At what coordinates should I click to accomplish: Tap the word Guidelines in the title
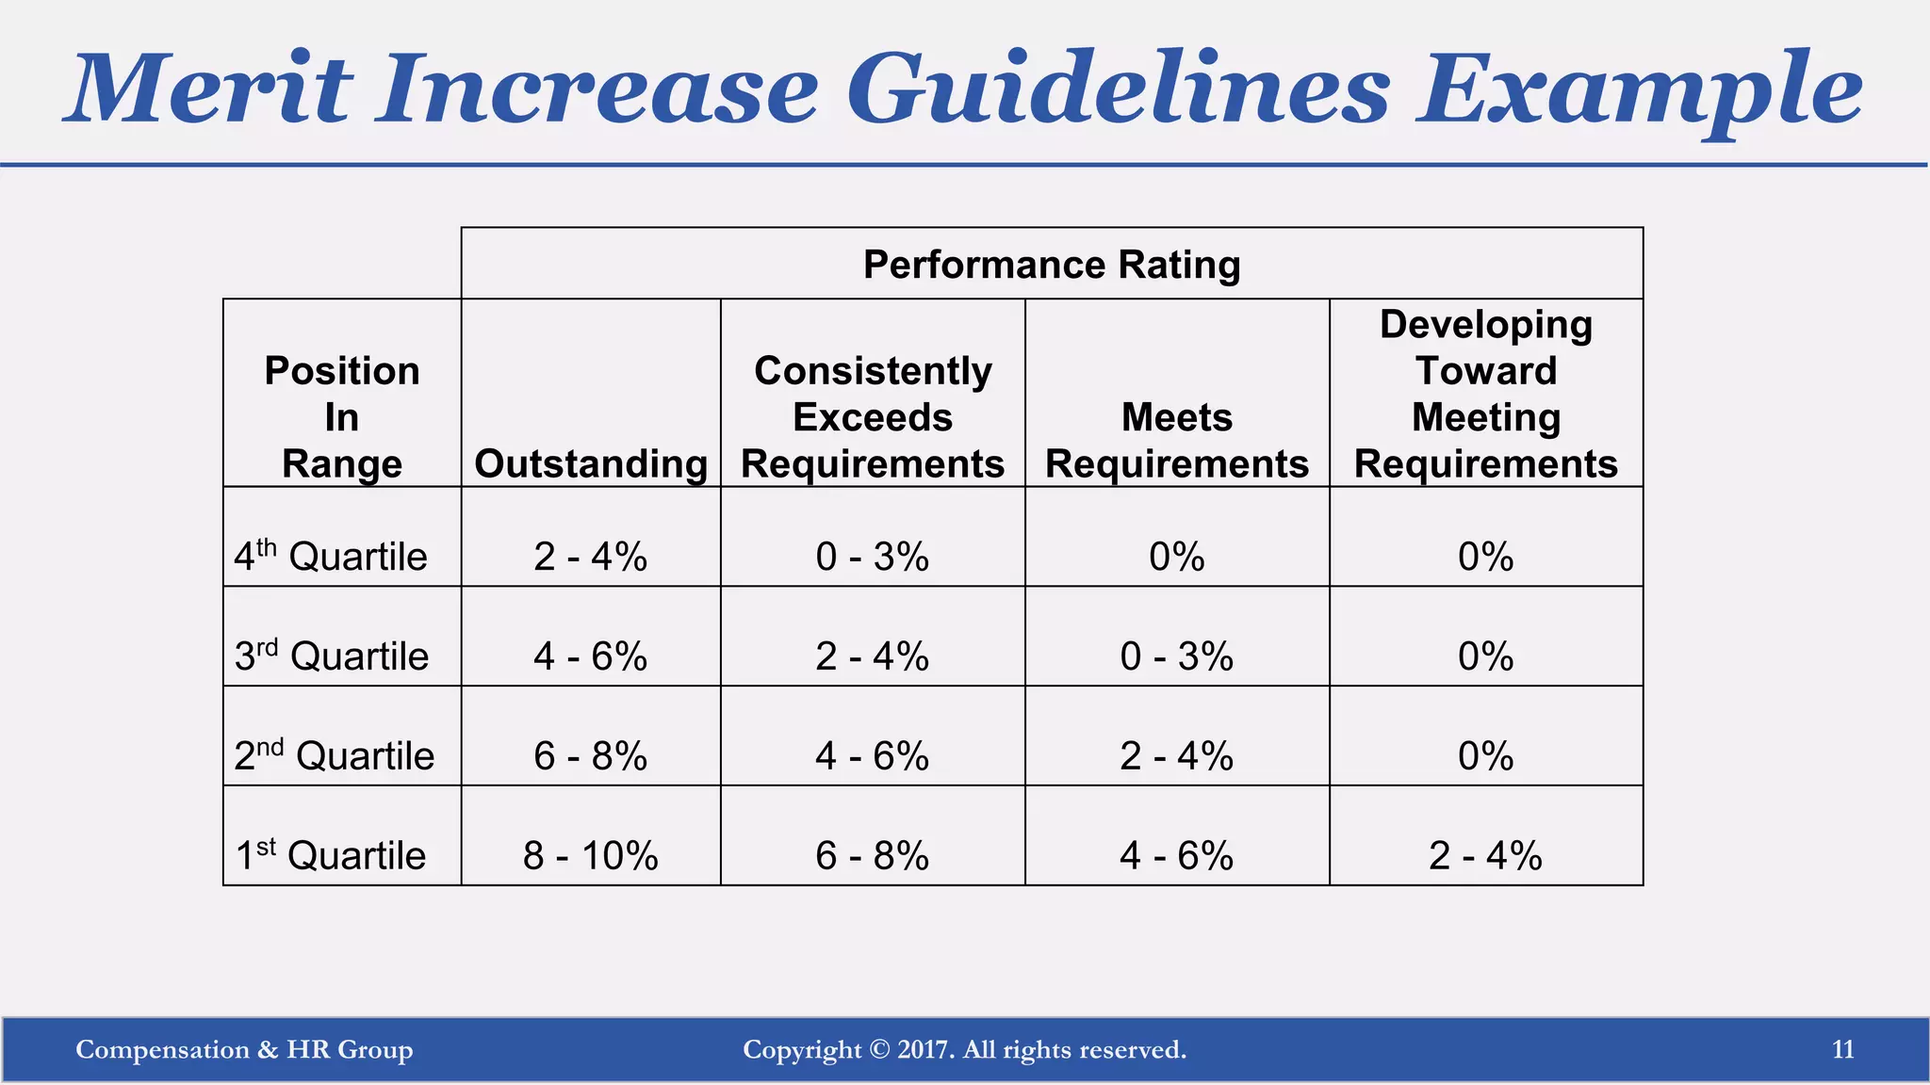tap(1118, 89)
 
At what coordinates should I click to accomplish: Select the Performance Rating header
tap(1052, 265)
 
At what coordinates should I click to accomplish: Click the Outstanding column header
tap(591, 464)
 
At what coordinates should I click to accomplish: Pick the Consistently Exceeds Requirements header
tap(873, 417)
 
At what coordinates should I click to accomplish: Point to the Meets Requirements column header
tap(1177, 440)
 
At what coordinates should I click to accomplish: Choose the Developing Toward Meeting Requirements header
tap(1486, 394)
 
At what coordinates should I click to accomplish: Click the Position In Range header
tap(342, 417)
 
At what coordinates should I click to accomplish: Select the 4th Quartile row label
tap(331, 557)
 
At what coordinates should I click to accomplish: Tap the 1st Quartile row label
tap(331, 855)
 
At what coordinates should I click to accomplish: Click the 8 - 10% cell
tap(591, 855)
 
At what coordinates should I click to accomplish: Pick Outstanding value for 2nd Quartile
tap(591, 755)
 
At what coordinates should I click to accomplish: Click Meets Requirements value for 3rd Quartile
tap(1177, 656)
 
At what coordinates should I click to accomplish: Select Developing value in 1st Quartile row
tap(1486, 855)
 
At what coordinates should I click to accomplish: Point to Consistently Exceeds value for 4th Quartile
tap(873, 557)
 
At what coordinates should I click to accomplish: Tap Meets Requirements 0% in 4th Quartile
tap(1177, 557)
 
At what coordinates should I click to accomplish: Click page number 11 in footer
tap(1843, 1049)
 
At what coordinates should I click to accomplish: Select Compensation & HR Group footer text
tap(244, 1049)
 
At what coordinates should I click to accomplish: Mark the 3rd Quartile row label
tap(332, 656)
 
